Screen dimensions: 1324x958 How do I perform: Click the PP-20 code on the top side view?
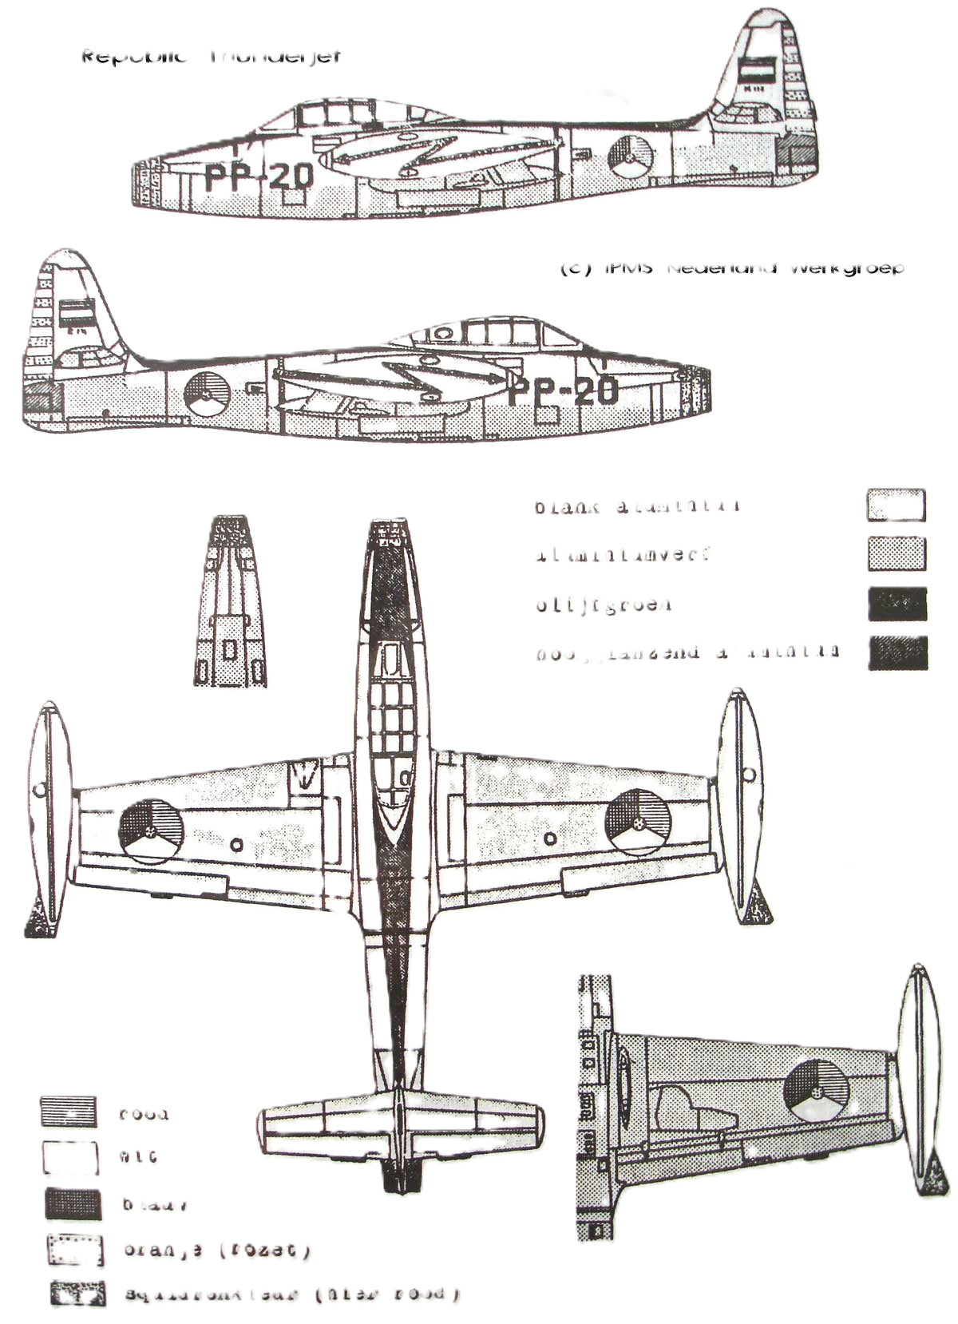pos(258,175)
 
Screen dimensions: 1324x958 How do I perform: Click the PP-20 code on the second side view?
pos(564,390)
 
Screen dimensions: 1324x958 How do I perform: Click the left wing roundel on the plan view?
pos(148,828)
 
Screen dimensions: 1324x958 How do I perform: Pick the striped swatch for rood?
pos(69,1111)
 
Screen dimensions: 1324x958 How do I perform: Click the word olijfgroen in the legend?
pos(604,605)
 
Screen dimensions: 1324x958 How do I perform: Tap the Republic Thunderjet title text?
pos(212,57)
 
